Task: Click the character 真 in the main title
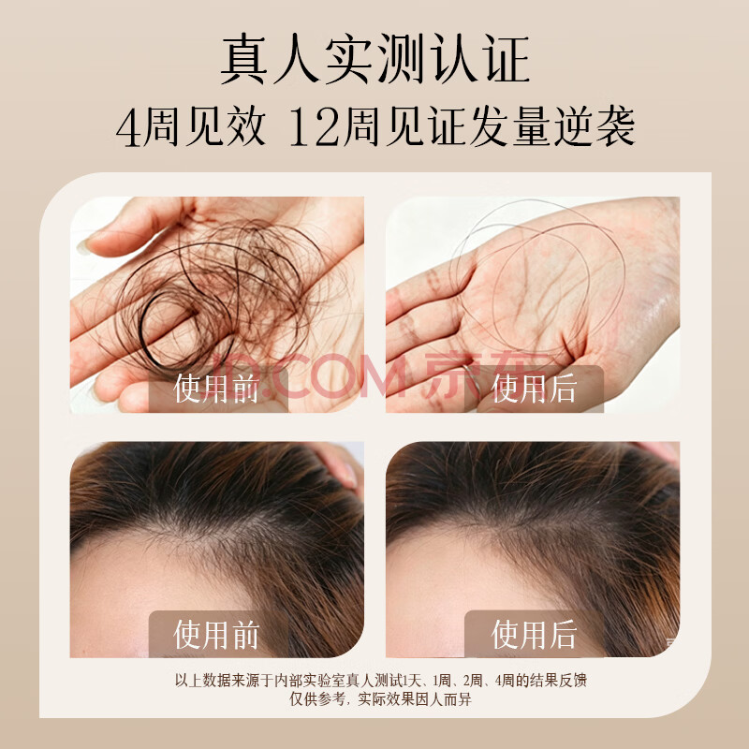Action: [x=243, y=59]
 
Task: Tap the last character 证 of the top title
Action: [x=507, y=59]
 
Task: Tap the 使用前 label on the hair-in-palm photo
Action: [x=216, y=389]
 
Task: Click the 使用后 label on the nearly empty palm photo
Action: [x=534, y=389]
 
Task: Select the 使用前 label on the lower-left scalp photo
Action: [x=216, y=635]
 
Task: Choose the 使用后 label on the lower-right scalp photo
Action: [x=534, y=635]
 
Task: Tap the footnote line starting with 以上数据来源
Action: [x=381, y=680]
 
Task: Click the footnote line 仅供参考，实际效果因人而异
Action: [x=381, y=698]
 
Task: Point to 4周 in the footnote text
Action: [x=505, y=680]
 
